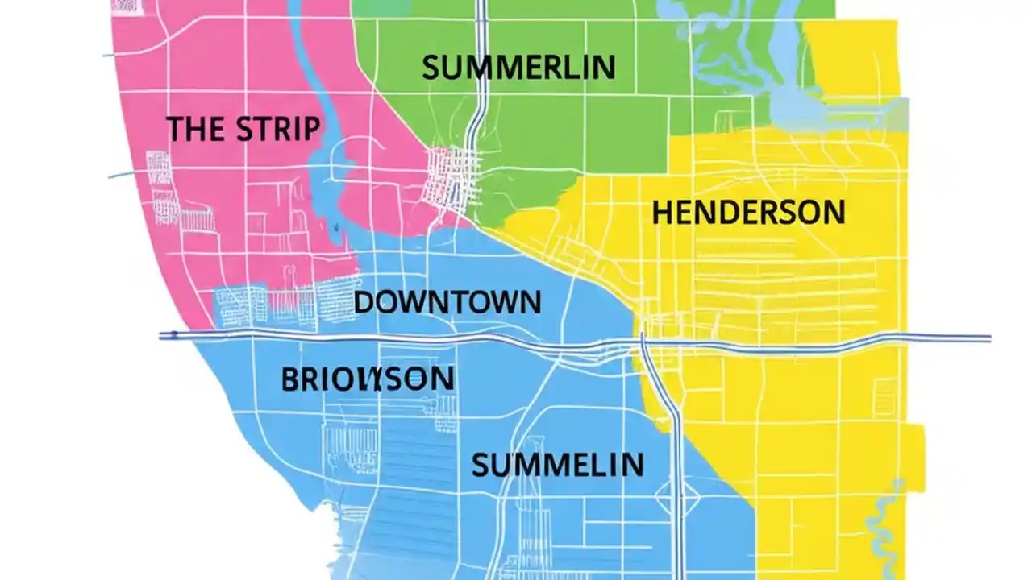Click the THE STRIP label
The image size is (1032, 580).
(x=243, y=129)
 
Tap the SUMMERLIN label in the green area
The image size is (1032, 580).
(x=518, y=68)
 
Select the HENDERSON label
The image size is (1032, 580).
(x=748, y=213)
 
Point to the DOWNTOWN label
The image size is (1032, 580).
(x=447, y=303)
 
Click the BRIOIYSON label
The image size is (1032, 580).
(x=367, y=379)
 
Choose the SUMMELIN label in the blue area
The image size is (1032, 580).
(x=557, y=465)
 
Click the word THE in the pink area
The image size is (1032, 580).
(x=190, y=129)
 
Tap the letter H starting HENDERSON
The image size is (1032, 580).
(x=662, y=213)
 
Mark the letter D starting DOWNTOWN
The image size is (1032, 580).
(x=364, y=303)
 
